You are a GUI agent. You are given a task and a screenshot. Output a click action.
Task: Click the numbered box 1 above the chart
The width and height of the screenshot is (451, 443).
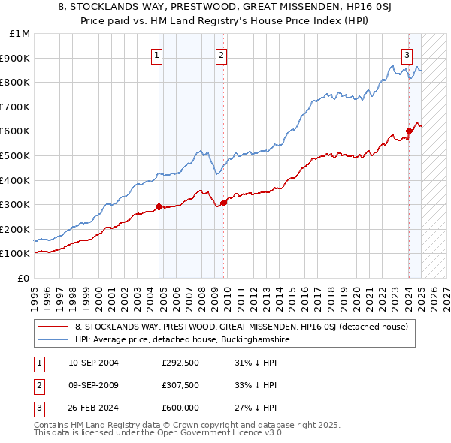157,54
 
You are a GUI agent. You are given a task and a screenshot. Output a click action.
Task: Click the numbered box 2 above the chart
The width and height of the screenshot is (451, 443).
222,54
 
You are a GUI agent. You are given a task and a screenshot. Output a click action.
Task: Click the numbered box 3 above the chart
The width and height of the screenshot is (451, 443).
407,54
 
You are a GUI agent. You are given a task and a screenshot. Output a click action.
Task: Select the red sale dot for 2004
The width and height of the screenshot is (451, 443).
159,206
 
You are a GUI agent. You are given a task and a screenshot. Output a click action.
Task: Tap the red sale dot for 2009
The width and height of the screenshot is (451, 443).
224,203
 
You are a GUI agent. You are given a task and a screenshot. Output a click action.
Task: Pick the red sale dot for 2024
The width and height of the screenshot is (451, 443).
409,131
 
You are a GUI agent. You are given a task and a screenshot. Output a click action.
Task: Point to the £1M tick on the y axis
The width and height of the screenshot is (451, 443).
20,34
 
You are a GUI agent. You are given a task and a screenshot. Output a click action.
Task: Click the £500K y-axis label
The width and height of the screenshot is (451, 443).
17,155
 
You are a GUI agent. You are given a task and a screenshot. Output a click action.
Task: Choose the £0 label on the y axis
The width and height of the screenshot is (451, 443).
23,278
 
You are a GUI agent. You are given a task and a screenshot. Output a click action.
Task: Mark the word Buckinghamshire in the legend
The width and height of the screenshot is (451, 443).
253,339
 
